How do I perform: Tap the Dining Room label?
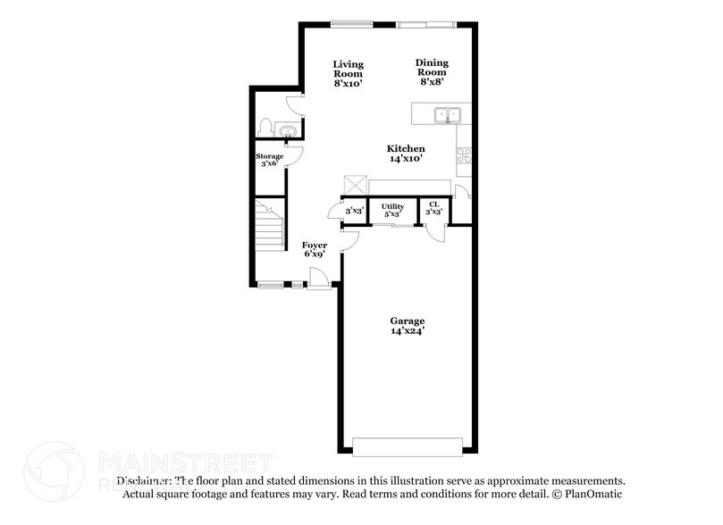(x=431, y=71)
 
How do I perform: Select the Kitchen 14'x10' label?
(x=405, y=153)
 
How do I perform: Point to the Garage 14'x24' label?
(x=407, y=325)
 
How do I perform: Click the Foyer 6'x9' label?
(x=314, y=248)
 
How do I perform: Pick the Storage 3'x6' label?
(x=271, y=161)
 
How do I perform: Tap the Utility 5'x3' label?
(x=393, y=210)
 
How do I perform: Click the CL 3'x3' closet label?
(x=433, y=210)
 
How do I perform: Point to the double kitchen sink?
(x=446, y=114)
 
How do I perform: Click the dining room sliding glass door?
(x=426, y=23)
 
